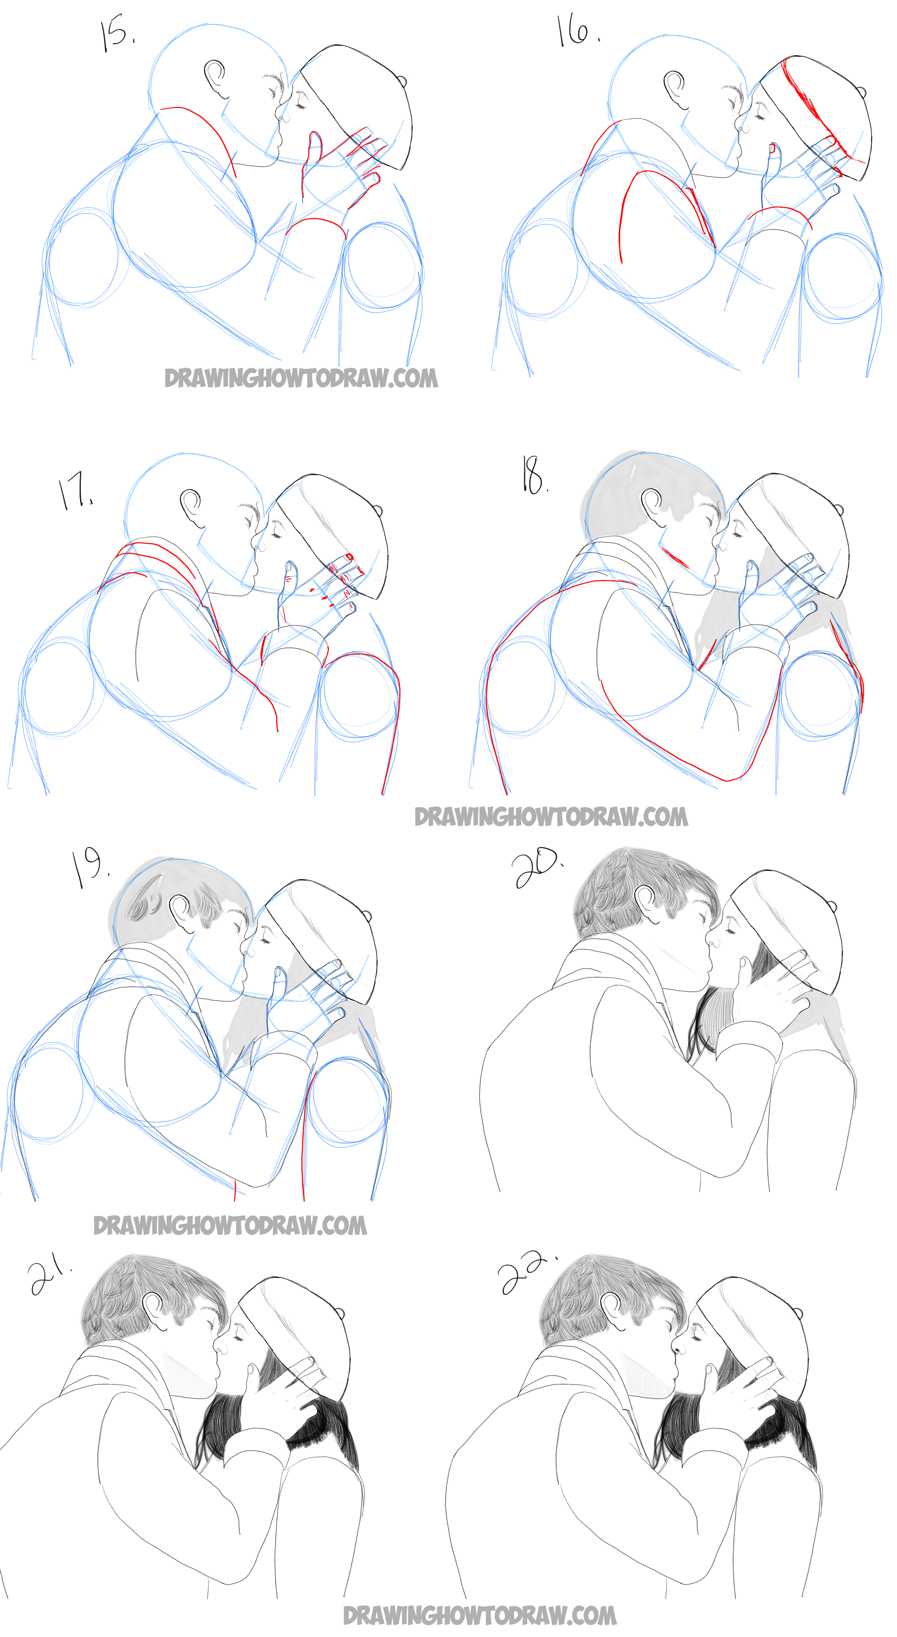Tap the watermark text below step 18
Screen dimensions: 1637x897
[x=550, y=816]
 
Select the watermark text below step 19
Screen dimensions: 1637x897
[x=230, y=1225]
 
